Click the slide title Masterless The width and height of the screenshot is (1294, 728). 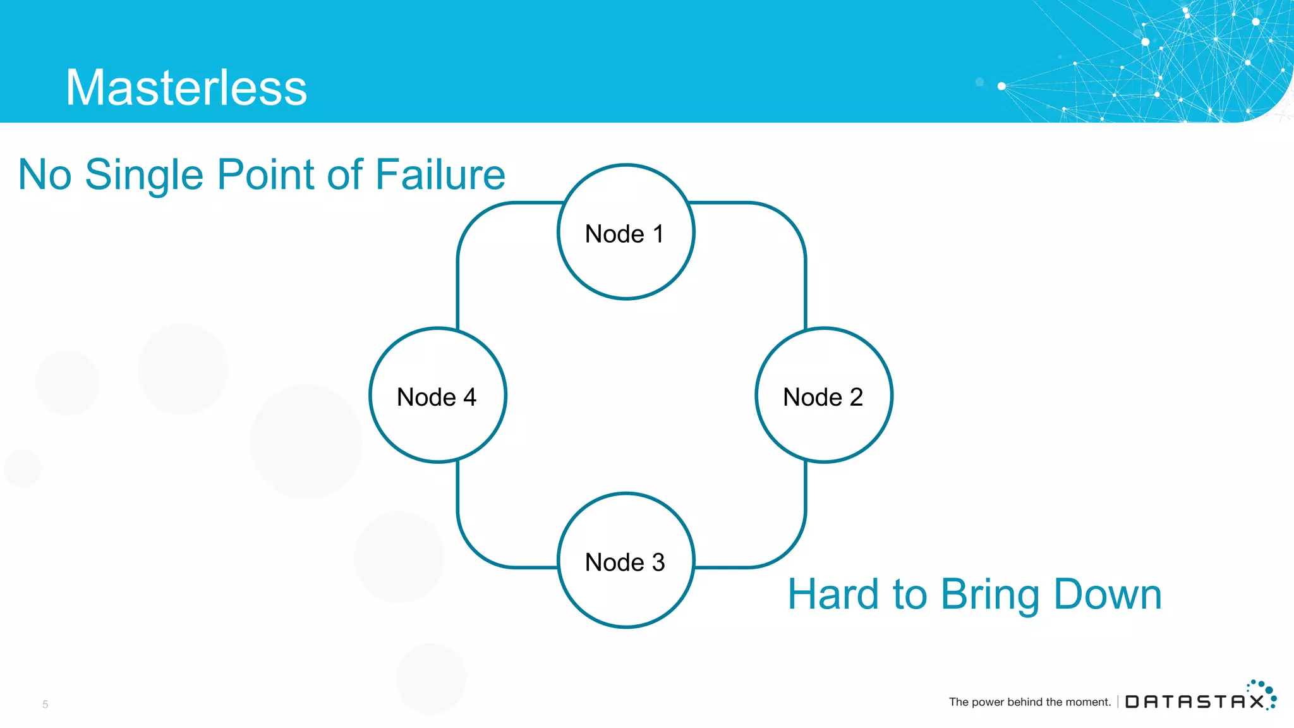click(x=186, y=87)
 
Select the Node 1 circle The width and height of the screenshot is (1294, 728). click(x=626, y=232)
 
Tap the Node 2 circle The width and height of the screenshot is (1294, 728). click(x=823, y=396)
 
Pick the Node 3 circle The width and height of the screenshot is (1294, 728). click(x=626, y=561)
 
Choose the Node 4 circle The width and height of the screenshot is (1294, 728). click(x=437, y=396)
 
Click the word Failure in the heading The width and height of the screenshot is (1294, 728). click(x=440, y=174)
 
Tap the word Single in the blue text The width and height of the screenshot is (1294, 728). click(x=144, y=174)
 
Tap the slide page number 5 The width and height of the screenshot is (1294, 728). click(x=45, y=704)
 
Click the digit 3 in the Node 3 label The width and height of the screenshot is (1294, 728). click(x=658, y=562)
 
